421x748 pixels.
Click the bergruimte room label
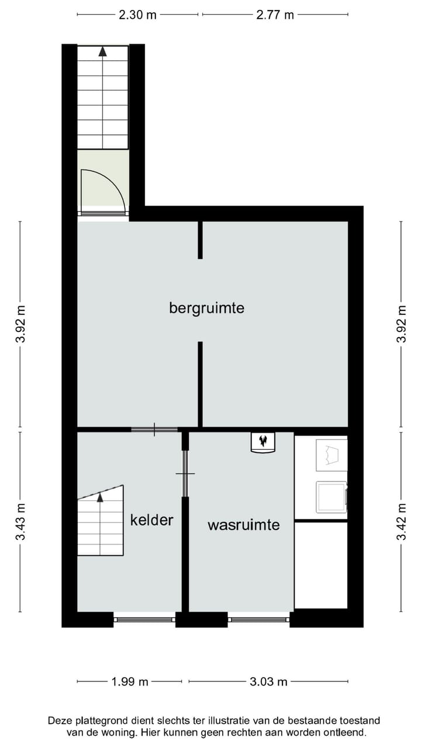pyautogui.click(x=206, y=307)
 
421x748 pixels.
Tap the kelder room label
pyautogui.click(x=151, y=520)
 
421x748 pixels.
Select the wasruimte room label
pyautogui.click(x=243, y=525)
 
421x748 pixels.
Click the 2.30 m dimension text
pyautogui.click(x=137, y=15)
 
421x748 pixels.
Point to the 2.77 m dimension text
pyautogui.click(x=275, y=15)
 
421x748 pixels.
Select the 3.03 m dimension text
pyautogui.click(x=268, y=681)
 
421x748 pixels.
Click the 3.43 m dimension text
pyautogui.click(x=21, y=522)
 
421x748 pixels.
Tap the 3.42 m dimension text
pyautogui.click(x=401, y=522)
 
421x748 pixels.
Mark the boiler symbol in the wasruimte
pyautogui.click(x=263, y=442)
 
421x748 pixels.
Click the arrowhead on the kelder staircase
pyautogui.click(x=100, y=497)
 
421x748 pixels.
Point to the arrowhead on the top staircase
pyautogui.click(x=103, y=51)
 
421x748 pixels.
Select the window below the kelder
pyautogui.click(x=144, y=619)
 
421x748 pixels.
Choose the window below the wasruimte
pyautogui.click(x=258, y=619)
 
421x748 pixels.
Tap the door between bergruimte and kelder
pyautogui.click(x=154, y=430)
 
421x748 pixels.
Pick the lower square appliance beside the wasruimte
pyautogui.click(x=331, y=496)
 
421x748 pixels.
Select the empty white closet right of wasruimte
pyautogui.click(x=320, y=565)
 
